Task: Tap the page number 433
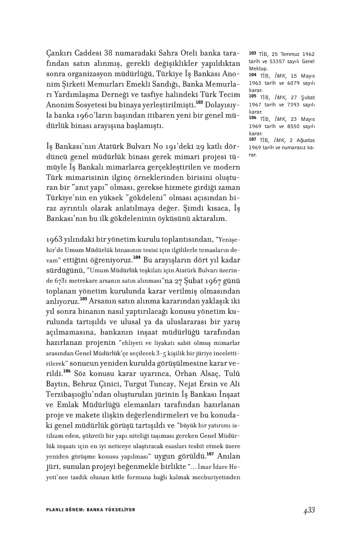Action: coord(309,510)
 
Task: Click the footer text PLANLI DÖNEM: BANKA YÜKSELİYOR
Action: coord(91,510)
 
